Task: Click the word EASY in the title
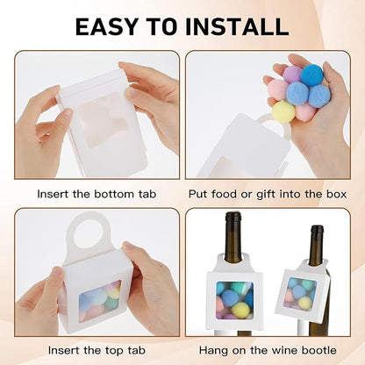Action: pos(106,26)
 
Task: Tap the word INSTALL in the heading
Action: pos(237,26)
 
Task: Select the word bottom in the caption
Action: pos(115,194)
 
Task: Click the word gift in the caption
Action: pos(267,195)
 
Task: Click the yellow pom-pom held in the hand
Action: pos(283,111)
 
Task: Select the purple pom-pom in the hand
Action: pos(293,75)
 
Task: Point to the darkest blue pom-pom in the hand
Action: pos(312,75)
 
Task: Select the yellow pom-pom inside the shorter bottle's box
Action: pos(304,304)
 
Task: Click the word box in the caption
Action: pos(337,194)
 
